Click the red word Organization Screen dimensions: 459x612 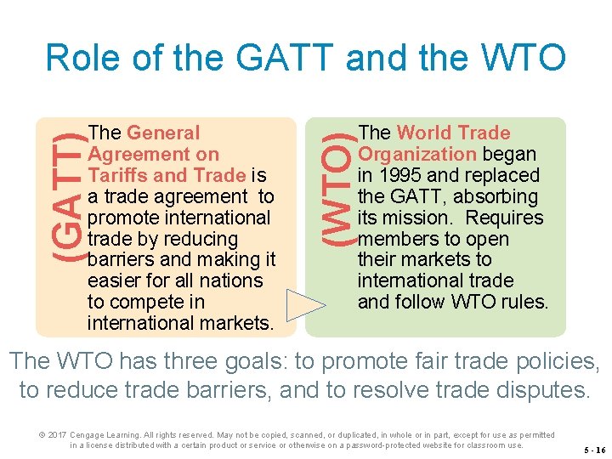(417, 155)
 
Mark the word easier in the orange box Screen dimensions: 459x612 (116, 281)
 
